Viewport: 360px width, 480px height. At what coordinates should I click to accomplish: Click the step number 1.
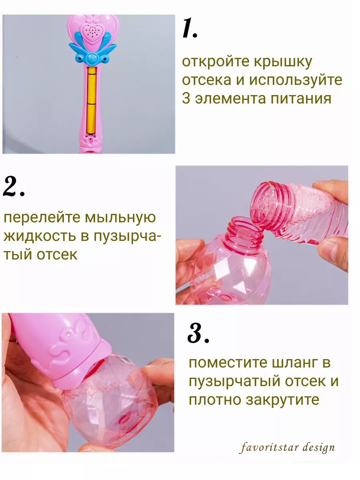click(190, 29)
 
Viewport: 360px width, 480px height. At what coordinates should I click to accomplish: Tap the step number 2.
click(14, 186)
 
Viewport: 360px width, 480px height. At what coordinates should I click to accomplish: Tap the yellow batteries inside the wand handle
click(92, 100)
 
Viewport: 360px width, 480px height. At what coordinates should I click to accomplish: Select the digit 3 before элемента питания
click(186, 98)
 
